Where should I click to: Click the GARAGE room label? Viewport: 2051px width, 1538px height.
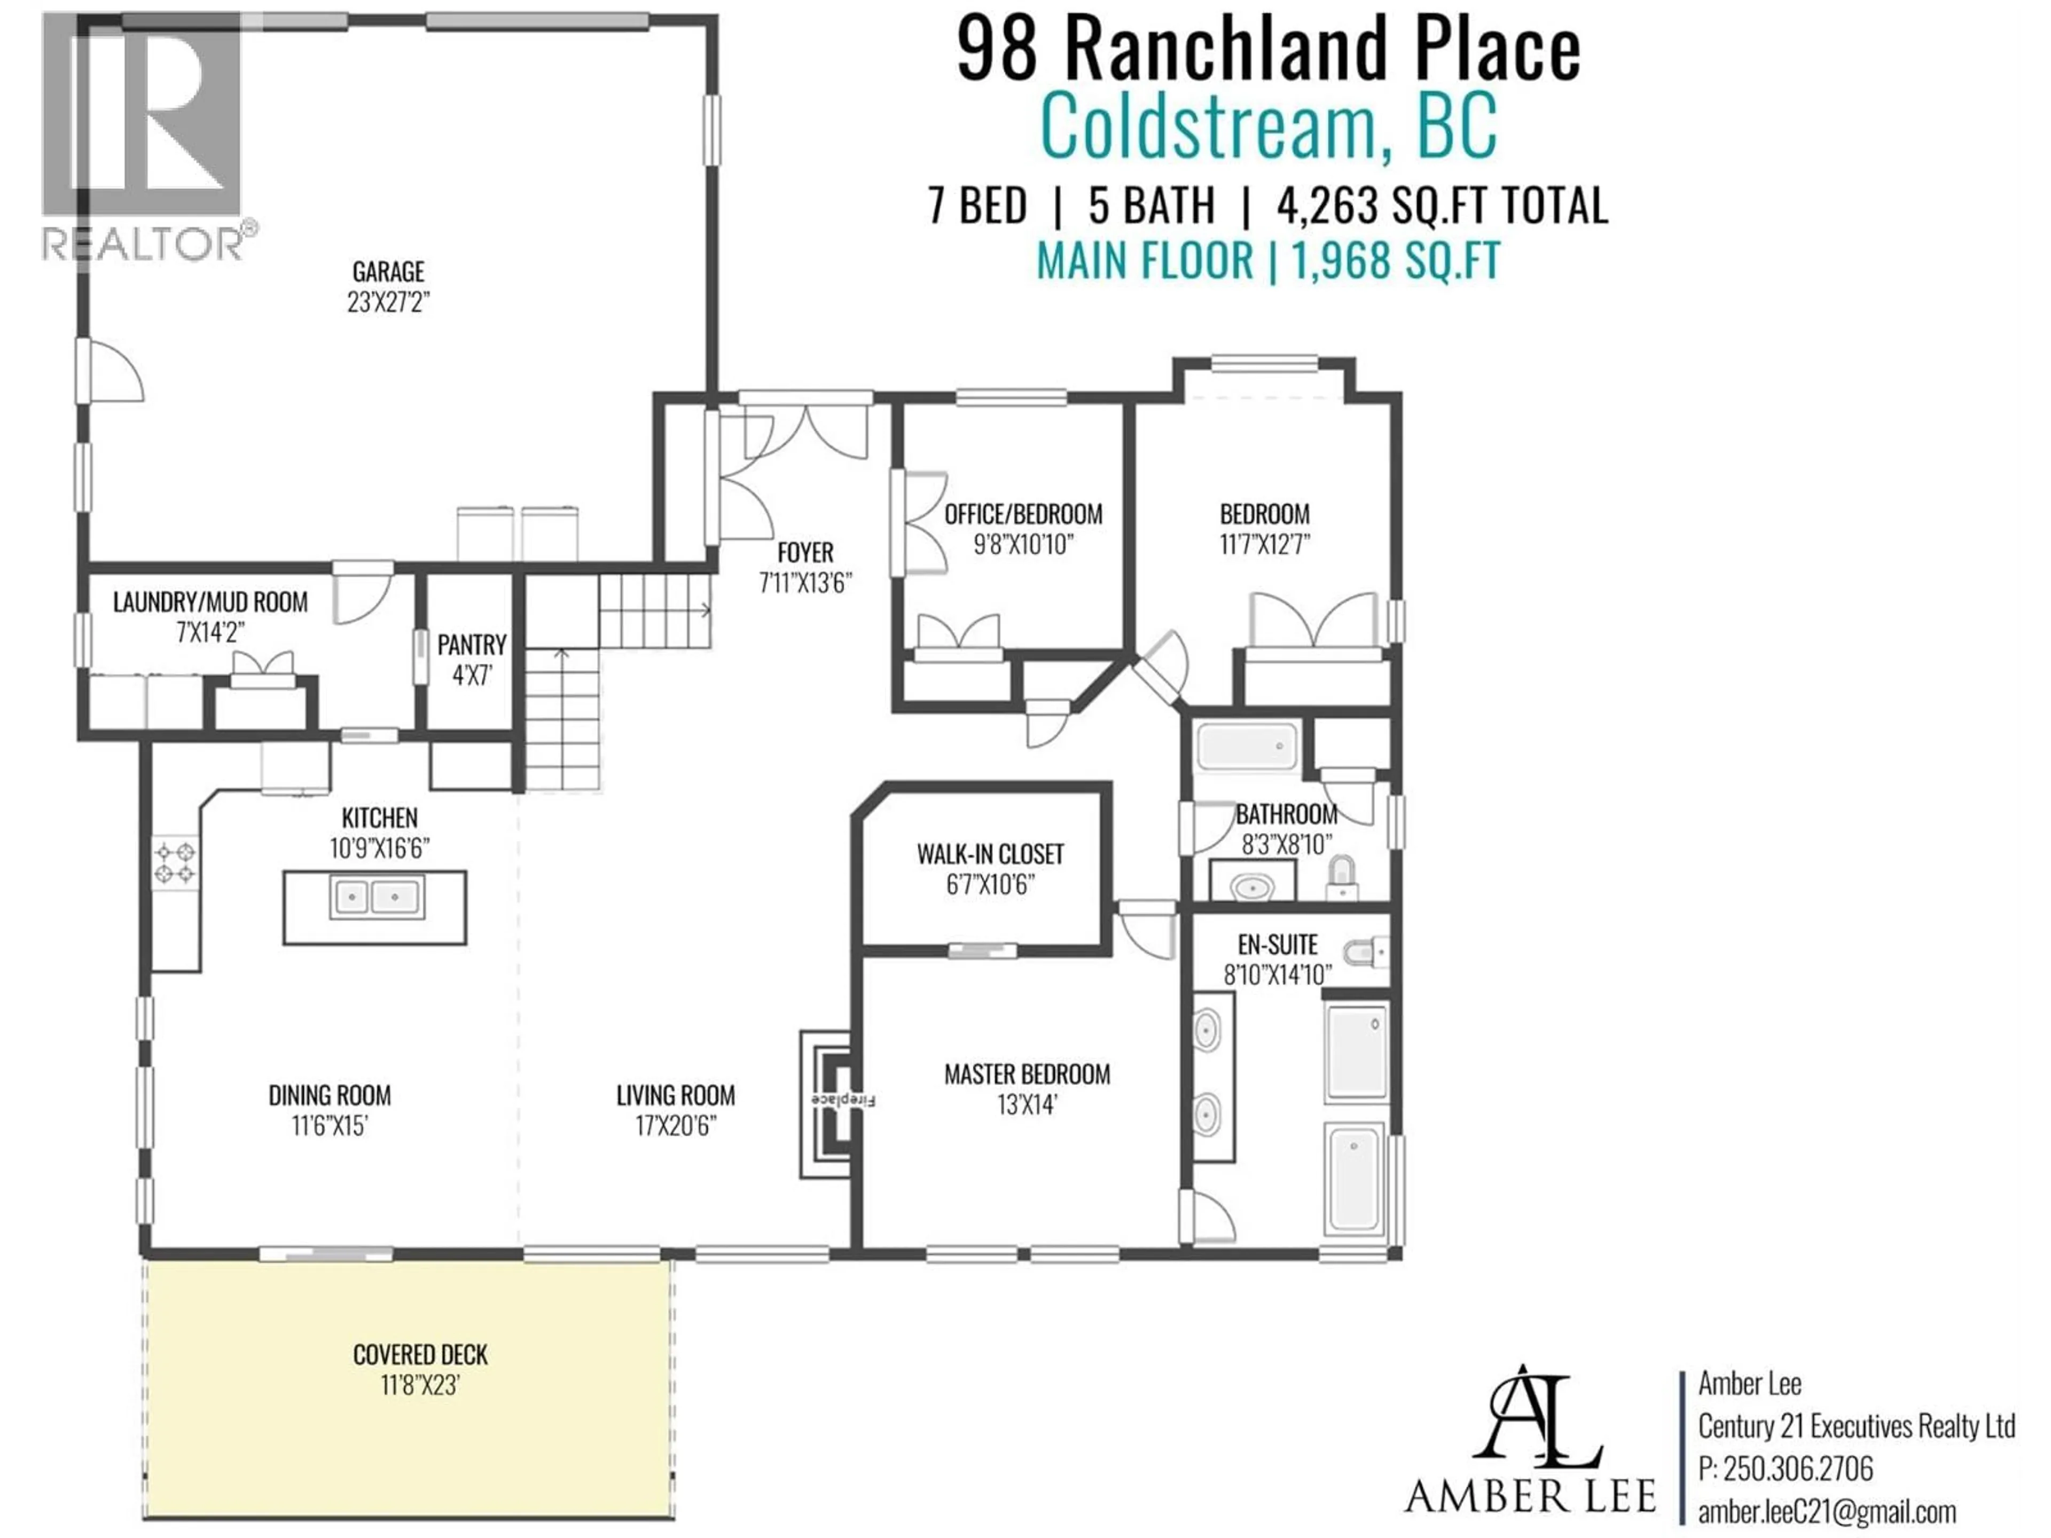coord(388,272)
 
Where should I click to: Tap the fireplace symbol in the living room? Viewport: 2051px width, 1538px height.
coord(828,1103)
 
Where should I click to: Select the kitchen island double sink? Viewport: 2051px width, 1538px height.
coord(377,897)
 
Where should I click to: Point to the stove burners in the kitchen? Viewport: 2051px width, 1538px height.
coord(175,861)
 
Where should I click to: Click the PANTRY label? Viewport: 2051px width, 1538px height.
coord(472,645)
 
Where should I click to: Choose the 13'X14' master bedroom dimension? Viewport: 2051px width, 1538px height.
coord(1027,1105)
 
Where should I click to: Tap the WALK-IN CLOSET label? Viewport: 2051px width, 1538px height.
coord(990,854)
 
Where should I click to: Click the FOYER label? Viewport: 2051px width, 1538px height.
coord(805,553)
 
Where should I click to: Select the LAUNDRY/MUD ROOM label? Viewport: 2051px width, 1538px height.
coord(210,602)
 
